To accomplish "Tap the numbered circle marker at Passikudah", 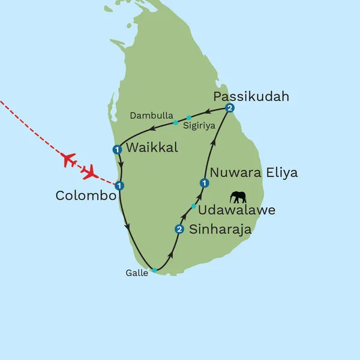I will point(229,108).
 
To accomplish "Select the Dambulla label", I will point(152,115).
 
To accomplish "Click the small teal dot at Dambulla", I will point(175,122).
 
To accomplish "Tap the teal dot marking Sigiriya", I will point(188,117).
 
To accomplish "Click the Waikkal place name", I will point(152,148).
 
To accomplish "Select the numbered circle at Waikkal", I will point(118,149).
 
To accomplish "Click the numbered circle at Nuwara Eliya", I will point(204,183).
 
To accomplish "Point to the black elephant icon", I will point(238,197).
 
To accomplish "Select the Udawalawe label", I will point(236,211).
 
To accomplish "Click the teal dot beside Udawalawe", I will point(193,206).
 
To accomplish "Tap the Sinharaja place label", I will point(220,229).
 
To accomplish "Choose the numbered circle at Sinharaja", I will point(178,229).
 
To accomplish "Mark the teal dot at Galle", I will point(154,271).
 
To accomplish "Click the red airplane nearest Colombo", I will point(91,173).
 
